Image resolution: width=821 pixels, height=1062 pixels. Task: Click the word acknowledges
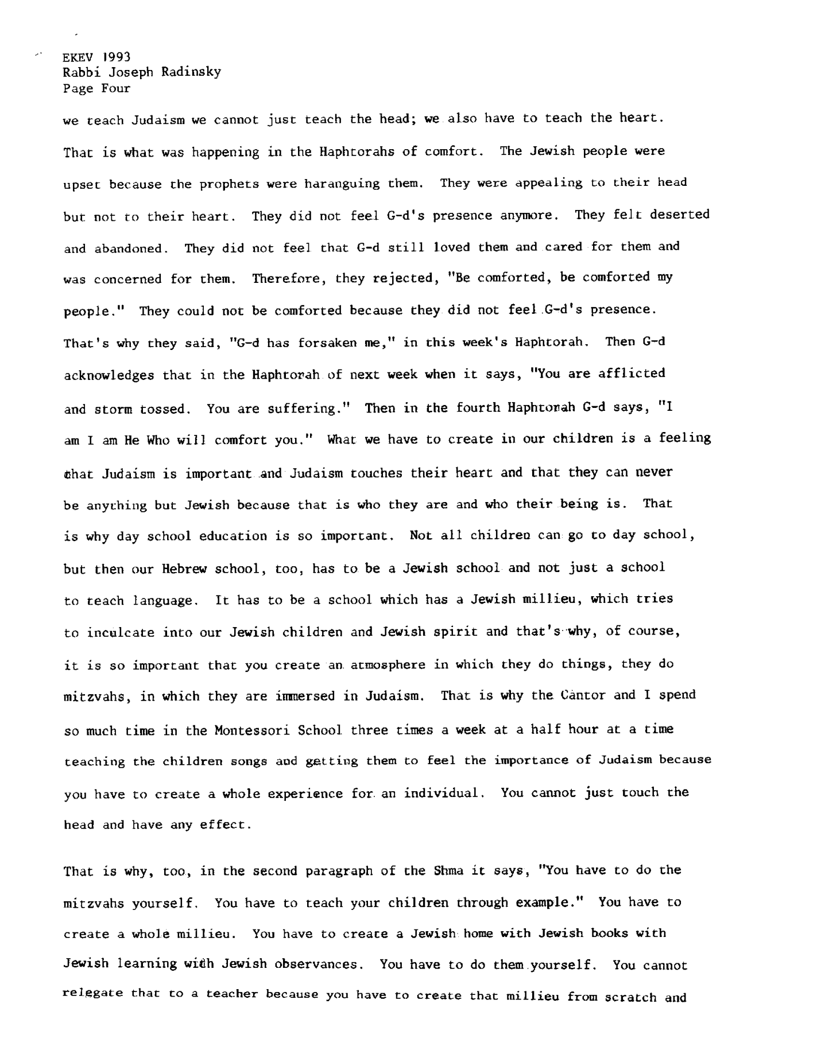[109, 376]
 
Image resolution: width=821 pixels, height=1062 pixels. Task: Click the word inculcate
[121, 633]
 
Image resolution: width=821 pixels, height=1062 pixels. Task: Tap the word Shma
[446, 871]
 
